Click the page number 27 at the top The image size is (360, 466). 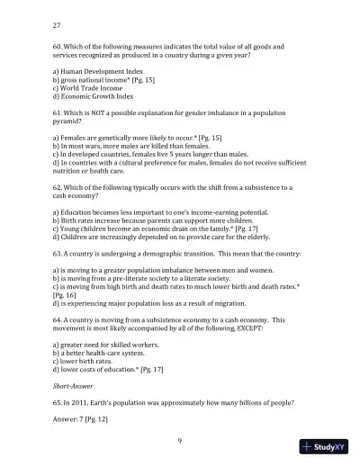(58, 25)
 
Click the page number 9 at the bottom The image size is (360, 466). (180, 439)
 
